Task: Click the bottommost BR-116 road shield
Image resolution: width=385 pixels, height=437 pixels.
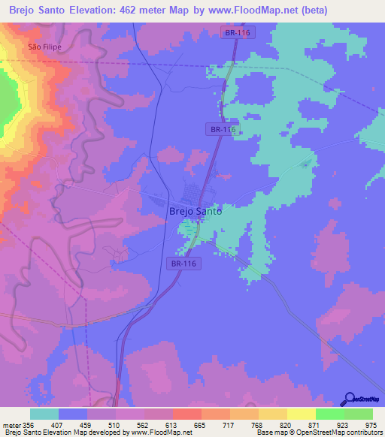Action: click(183, 264)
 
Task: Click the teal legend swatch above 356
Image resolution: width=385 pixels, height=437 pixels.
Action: click(44, 414)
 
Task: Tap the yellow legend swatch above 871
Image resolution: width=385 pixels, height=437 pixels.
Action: click(302, 414)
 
